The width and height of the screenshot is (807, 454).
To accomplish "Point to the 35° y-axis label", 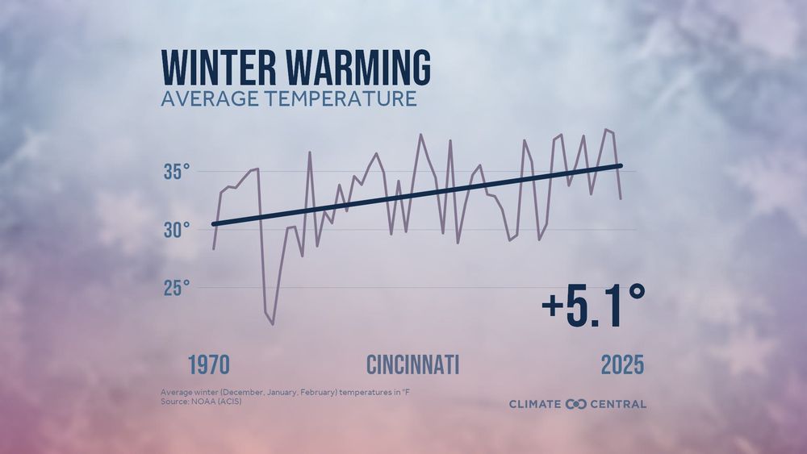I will click(177, 172).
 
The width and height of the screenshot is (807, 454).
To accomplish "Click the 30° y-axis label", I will click(177, 230).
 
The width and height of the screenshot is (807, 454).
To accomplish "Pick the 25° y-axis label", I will click(177, 288).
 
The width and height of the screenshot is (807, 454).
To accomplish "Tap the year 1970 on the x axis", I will click(209, 364).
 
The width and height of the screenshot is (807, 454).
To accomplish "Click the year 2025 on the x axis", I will click(622, 364).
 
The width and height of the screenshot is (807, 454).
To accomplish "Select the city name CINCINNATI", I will click(413, 364).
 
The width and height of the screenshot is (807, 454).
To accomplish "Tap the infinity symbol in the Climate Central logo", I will click(576, 403).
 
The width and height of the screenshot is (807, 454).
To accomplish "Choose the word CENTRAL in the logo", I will click(617, 403).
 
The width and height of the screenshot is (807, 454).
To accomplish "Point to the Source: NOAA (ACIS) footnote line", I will click(200, 401).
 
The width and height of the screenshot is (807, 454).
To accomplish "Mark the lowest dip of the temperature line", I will click(273, 324).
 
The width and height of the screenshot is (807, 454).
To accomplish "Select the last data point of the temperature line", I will click(621, 198).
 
